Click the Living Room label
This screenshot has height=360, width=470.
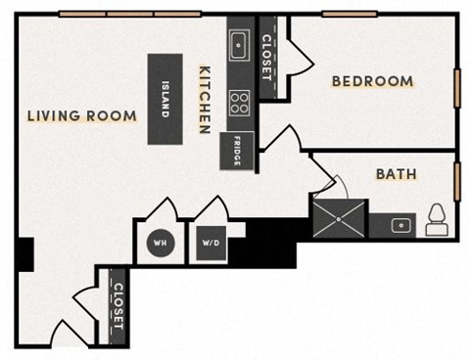pyautogui.click(x=81, y=116)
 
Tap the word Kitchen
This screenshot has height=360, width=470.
pyautogui.click(x=206, y=100)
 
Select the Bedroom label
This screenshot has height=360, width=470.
pyautogui.click(x=372, y=81)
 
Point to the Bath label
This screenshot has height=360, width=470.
pyautogui.click(x=397, y=174)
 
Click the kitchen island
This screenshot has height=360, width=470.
pyautogui.click(x=164, y=99)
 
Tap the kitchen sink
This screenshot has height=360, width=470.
pyautogui.click(x=239, y=45)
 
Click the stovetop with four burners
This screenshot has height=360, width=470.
pyautogui.click(x=239, y=101)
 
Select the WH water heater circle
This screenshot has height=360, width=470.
pyautogui.click(x=159, y=244)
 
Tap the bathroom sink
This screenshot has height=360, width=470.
pyautogui.click(x=399, y=225)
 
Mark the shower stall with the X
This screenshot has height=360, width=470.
pyautogui.click(x=339, y=218)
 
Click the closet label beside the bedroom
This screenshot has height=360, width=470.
pyautogui.click(x=268, y=57)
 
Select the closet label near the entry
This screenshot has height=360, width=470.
pyautogui.click(x=117, y=307)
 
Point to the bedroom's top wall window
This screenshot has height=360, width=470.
pyautogui.click(x=350, y=14)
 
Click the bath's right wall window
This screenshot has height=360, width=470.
pyautogui.click(x=457, y=181)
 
